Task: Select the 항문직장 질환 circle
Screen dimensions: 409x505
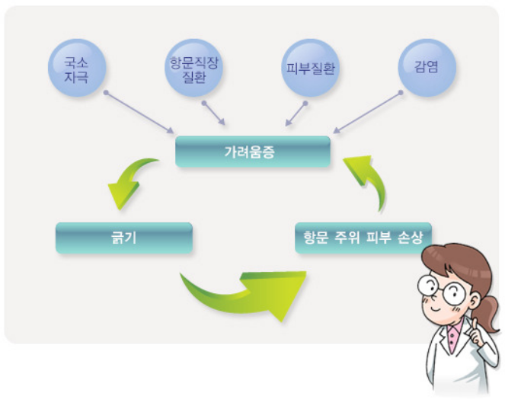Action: tap(191, 68)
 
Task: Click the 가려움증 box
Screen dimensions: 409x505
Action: tap(253, 151)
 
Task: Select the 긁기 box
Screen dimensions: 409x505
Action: tap(123, 238)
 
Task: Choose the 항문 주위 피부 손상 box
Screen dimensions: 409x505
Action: tap(363, 238)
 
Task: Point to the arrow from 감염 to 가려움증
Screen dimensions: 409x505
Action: tap(367, 113)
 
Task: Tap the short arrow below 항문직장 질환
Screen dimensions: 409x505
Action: tap(213, 113)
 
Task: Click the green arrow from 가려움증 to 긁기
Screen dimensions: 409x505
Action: tap(129, 181)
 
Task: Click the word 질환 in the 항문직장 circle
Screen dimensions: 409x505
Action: tap(191, 75)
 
